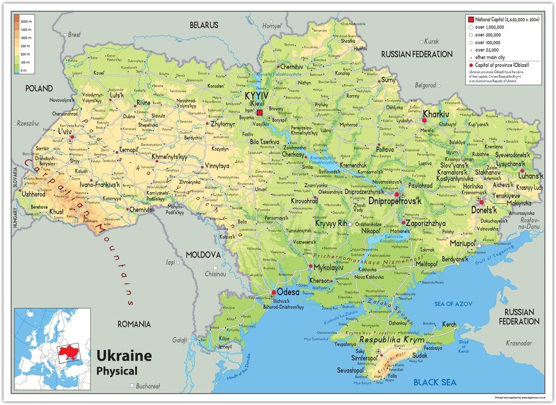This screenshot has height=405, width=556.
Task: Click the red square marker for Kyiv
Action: (260, 113)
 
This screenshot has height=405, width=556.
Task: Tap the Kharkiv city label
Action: (436, 114)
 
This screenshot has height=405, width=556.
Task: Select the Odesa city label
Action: (288, 292)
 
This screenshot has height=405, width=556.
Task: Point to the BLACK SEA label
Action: (434, 382)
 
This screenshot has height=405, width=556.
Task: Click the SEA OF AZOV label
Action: (453, 304)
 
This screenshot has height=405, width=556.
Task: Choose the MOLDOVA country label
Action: (203, 255)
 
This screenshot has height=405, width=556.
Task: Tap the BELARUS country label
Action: (204, 25)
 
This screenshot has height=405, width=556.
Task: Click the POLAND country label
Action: (39, 89)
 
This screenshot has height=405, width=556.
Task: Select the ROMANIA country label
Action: (134, 324)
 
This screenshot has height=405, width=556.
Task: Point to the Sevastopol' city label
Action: (350, 370)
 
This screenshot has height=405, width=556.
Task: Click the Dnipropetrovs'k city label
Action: (395, 201)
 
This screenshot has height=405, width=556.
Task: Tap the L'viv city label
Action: (65, 132)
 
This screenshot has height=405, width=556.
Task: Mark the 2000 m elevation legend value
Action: (26, 22)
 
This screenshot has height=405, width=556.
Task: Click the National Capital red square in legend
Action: (471, 19)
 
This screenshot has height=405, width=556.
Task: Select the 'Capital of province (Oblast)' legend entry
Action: (502, 65)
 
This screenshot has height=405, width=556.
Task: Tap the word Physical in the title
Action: (117, 371)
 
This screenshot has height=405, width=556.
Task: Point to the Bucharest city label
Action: (148, 386)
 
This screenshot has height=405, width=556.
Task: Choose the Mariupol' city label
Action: (463, 243)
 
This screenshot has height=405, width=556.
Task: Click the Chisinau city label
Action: (215, 274)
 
